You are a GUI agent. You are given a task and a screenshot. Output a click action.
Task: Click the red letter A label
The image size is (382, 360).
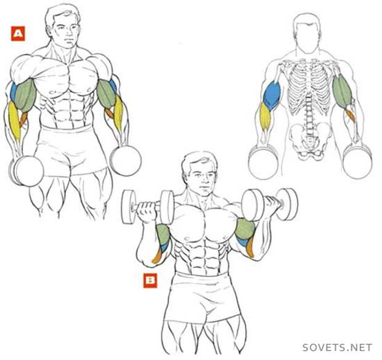click(18, 33)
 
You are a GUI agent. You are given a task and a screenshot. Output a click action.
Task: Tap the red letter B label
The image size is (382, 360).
click(150, 281)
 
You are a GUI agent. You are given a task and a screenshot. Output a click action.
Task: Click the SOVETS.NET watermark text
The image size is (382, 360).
click(337, 347)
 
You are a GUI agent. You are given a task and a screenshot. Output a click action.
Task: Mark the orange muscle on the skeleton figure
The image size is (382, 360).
click(349, 115)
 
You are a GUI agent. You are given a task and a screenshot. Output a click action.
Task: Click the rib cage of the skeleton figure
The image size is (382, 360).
click(309, 87)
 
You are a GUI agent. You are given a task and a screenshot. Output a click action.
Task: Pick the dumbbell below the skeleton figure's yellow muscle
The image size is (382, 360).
click(264, 162)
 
